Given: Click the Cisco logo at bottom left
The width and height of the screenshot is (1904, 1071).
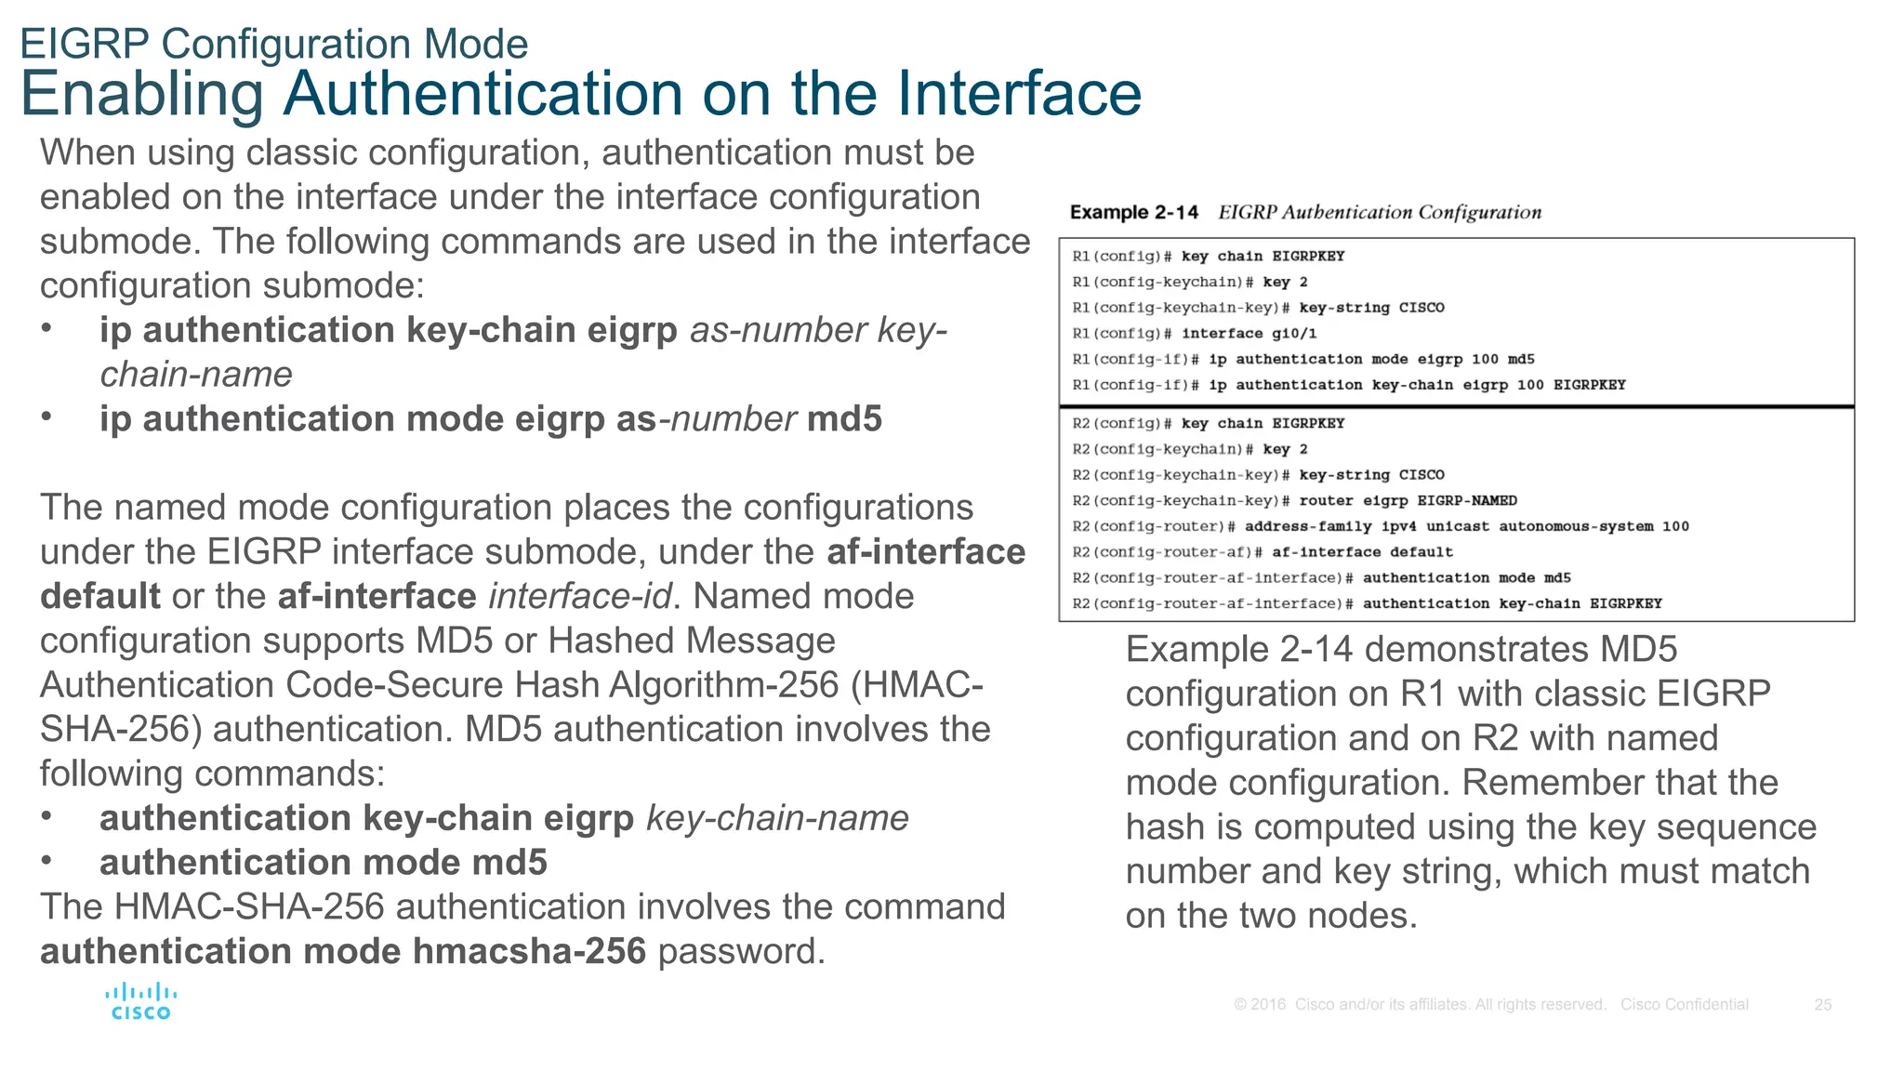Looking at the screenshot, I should [x=140, y=1001].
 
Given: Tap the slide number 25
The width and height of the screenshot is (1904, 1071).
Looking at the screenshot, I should [x=1822, y=1005].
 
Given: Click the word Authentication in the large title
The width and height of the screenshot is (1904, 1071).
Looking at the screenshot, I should [x=526, y=94].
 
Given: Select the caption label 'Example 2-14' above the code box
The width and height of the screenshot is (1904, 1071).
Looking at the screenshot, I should [x=1133, y=213].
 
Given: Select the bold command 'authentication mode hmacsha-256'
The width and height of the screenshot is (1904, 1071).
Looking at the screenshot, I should [x=342, y=951].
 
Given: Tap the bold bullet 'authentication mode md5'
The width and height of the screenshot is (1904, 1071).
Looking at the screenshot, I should [x=323, y=863].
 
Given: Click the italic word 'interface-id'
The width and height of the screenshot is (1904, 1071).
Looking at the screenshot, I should [x=579, y=596].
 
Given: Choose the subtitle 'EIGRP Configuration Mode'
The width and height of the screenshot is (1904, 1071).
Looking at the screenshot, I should [x=274, y=44].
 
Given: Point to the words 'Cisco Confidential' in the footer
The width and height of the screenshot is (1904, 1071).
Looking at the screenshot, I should [x=1684, y=1005].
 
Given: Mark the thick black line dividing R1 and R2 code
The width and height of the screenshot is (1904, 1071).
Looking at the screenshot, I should [x=1456, y=406].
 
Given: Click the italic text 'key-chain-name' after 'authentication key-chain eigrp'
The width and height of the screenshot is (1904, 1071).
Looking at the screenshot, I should [x=777, y=818].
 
